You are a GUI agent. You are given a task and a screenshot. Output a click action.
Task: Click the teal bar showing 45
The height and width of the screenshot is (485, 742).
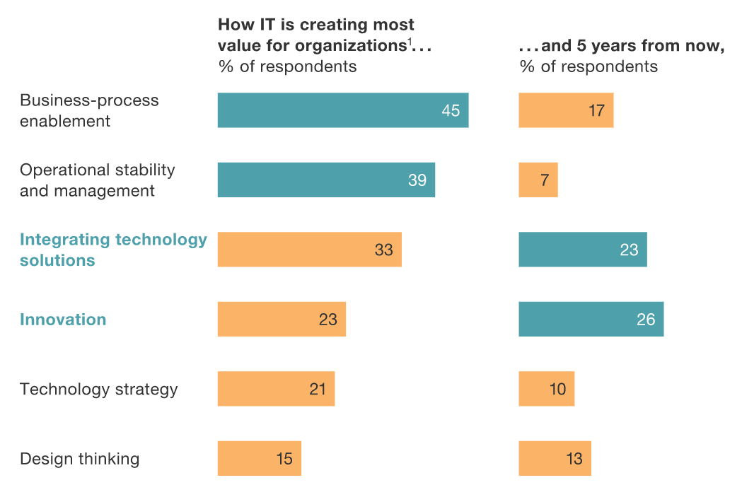coord(342,110)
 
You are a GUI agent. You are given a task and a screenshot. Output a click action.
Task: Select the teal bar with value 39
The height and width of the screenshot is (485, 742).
coord(326,180)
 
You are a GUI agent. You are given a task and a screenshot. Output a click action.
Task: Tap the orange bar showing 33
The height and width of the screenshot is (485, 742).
coord(309,250)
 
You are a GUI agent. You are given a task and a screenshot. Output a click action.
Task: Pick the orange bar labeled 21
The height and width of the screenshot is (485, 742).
coord(276,389)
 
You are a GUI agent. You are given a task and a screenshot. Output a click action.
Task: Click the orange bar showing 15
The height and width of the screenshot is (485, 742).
coord(259,458)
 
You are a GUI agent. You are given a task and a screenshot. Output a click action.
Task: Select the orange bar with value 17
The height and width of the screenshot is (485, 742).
coord(566,110)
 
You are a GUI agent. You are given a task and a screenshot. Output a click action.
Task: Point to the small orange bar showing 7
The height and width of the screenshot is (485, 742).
coord(538,180)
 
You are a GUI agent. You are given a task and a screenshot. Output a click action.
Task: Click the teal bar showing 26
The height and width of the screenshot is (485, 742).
coord(591,320)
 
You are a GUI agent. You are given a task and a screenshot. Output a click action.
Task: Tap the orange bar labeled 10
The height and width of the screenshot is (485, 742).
coord(546,389)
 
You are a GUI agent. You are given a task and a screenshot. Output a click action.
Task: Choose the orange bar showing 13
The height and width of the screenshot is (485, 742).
coord(555,458)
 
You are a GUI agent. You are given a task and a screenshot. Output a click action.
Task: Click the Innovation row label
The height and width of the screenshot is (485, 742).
coord(63,320)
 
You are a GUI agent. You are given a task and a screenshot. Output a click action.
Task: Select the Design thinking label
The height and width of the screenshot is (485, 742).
coord(79,459)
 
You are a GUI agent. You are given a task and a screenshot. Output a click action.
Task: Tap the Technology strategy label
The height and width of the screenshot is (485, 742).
coord(98,390)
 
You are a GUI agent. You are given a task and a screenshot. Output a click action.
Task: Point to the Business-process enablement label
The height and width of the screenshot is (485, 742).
coord(89,110)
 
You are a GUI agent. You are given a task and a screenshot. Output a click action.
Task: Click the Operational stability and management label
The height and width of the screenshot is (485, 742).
coord(97,180)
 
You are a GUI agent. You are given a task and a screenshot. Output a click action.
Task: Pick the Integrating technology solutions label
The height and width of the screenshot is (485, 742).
coord(113,250)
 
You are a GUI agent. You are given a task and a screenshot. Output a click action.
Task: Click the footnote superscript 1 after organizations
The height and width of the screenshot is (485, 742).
coord(410,42)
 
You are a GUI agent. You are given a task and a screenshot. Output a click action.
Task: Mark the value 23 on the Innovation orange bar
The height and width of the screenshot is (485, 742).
coord(327,320)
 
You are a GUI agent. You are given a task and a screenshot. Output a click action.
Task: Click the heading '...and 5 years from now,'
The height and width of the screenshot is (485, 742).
coord(622,47)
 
